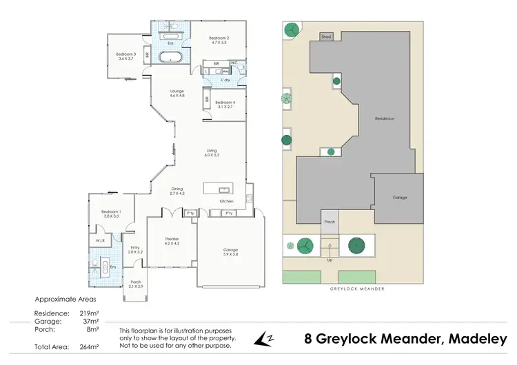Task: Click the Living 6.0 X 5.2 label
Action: click(212, 153)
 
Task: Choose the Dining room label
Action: click(178, 190)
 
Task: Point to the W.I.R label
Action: click(100, 241)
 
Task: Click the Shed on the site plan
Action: click(325, 36)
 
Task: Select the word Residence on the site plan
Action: click(384, 118)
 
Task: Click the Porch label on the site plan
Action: click(330, 222)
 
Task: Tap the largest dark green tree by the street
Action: click(356, 245)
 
